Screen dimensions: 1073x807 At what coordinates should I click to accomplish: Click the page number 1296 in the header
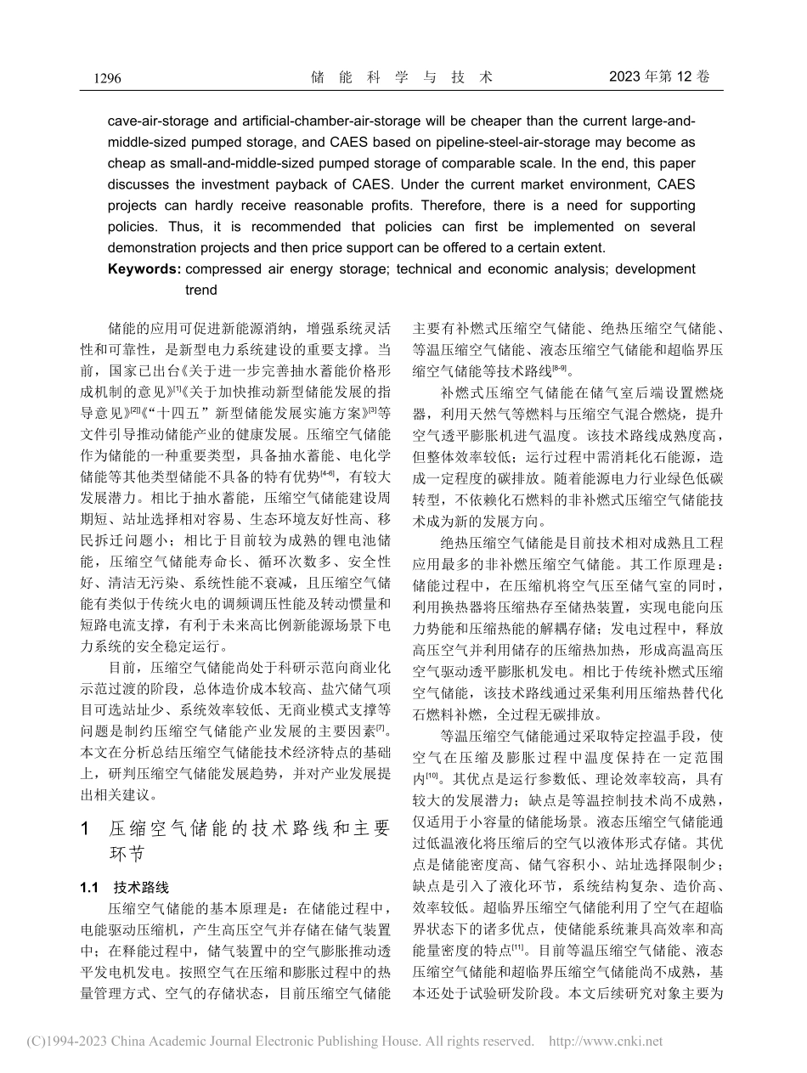(102, 78)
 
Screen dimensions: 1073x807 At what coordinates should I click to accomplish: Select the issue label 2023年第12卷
(658, 77)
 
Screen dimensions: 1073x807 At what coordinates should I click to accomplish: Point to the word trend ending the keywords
(201, 290)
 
